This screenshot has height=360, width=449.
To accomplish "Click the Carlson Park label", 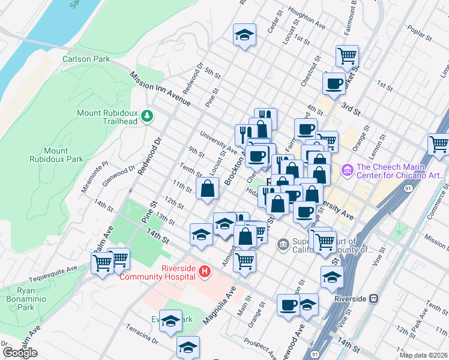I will click(86, 59).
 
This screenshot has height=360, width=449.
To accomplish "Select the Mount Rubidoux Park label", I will click(55, 155).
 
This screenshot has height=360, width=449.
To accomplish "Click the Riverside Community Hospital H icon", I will click(205, 272).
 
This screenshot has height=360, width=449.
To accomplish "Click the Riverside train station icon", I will click(373, 298).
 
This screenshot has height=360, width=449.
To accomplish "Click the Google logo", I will click(20, 353).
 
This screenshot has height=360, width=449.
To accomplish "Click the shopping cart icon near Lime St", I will click(439, 144).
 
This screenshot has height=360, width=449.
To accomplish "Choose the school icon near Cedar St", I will click(245, 34).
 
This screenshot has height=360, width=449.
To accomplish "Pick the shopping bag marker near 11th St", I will click(207, 188).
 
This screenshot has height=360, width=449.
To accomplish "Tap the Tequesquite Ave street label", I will click(60, 268).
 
